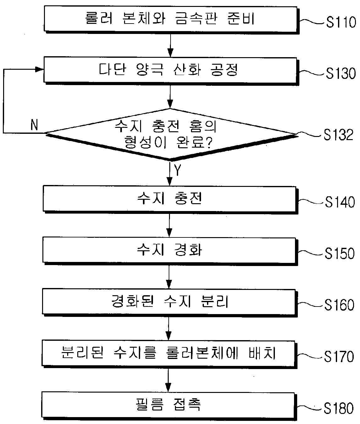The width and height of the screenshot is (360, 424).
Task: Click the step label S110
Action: (341, 22)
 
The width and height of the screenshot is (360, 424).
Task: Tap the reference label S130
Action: (341, 73)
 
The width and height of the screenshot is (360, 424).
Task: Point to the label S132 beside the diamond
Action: (338, 135)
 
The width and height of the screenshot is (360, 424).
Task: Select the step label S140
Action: (340, 202)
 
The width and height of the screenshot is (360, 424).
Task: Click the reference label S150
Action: (340, 253)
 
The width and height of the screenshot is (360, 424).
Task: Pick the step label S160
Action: (339, 305)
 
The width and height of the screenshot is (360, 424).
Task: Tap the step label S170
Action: (339, 356)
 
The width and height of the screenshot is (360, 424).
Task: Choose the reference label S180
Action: (339, 408)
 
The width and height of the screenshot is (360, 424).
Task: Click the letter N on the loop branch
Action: (34, 125)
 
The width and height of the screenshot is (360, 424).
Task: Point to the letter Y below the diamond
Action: (177, 170)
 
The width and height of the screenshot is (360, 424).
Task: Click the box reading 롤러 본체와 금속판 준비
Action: (171, 20)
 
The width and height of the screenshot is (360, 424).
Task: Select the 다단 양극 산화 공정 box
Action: (171, 71)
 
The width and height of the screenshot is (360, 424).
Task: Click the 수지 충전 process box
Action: (170, 199)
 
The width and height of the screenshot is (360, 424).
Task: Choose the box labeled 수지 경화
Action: (170, 251)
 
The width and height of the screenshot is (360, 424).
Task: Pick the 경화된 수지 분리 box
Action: (170, 302)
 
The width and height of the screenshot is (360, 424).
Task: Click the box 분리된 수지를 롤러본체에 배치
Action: (169, 354)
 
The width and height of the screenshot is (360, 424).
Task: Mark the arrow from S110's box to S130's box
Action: (170, 46)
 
